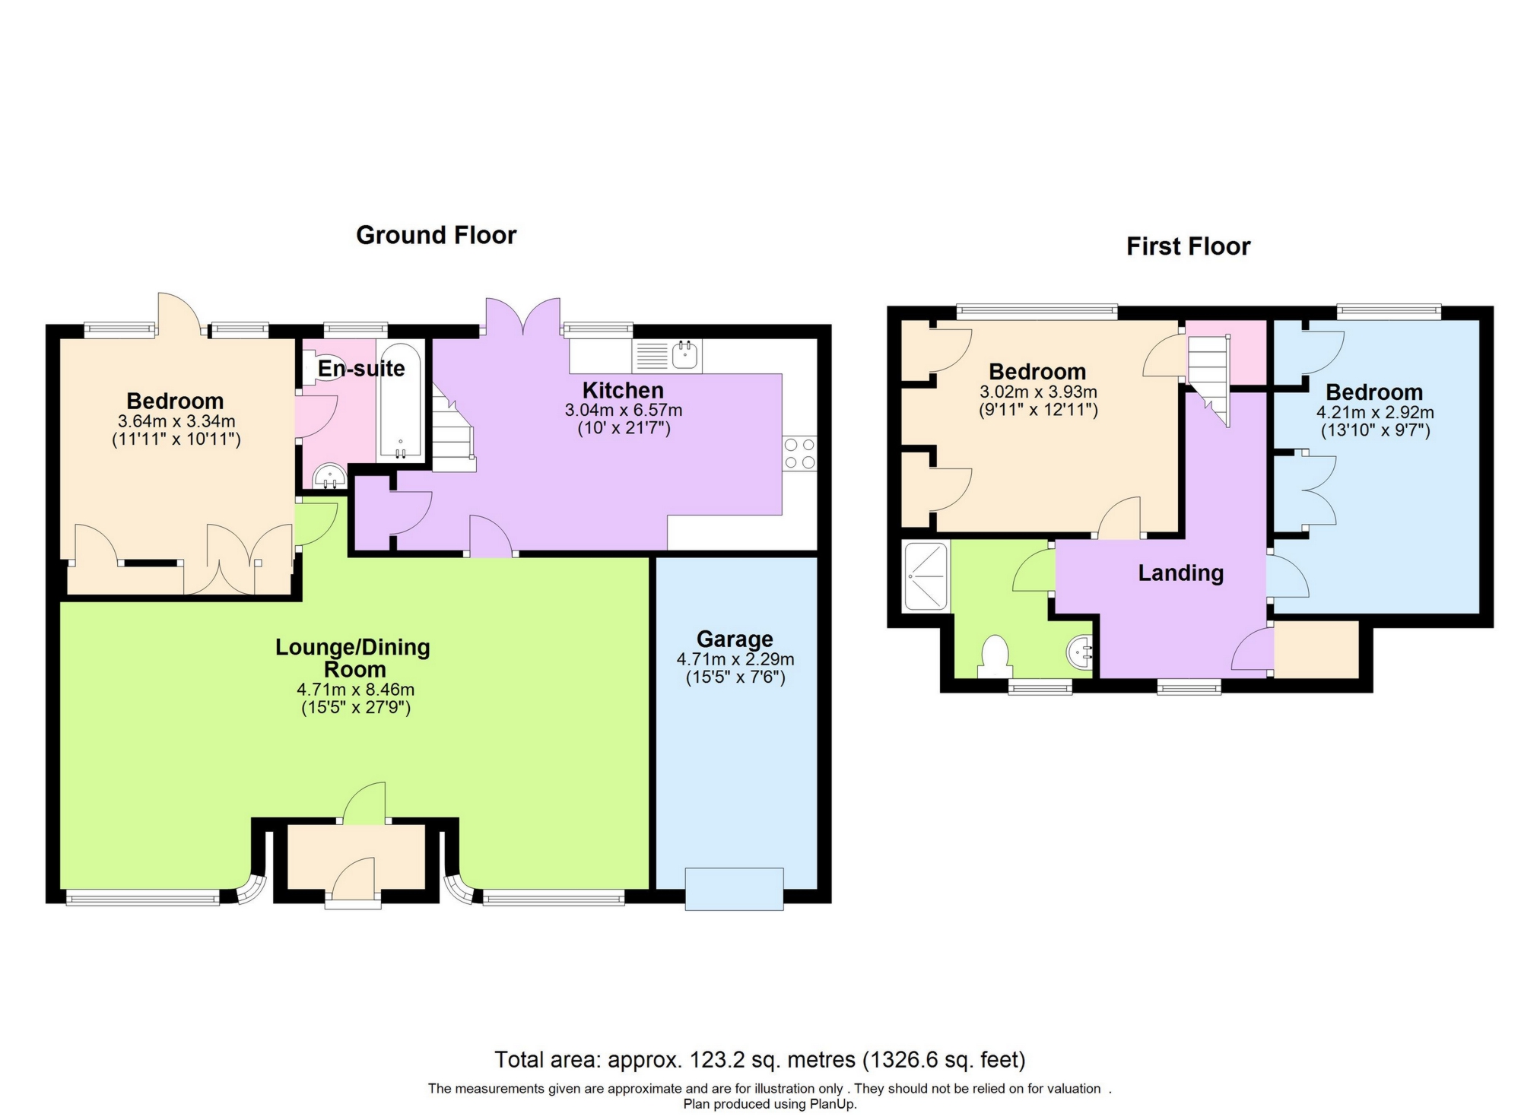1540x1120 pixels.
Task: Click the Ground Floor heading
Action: coord(436,235)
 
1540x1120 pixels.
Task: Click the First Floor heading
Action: coord(1188,246)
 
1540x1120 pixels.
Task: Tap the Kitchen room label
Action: coord(623,390)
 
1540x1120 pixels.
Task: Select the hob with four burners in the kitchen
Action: coord(799,452)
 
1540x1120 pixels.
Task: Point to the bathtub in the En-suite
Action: coord(400,403)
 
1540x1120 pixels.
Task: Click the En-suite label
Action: coord(360,369)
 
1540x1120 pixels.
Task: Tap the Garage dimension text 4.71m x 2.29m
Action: coord(735,659)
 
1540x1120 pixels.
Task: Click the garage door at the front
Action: coord(734,889)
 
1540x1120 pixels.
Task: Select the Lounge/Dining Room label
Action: coord(353,658)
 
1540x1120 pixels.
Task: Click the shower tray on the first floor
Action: coord(926,576)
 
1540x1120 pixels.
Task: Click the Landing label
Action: coord(1180,573)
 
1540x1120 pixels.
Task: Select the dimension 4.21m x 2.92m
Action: coord(1375,413)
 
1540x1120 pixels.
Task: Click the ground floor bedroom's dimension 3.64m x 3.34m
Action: coord(176,421)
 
